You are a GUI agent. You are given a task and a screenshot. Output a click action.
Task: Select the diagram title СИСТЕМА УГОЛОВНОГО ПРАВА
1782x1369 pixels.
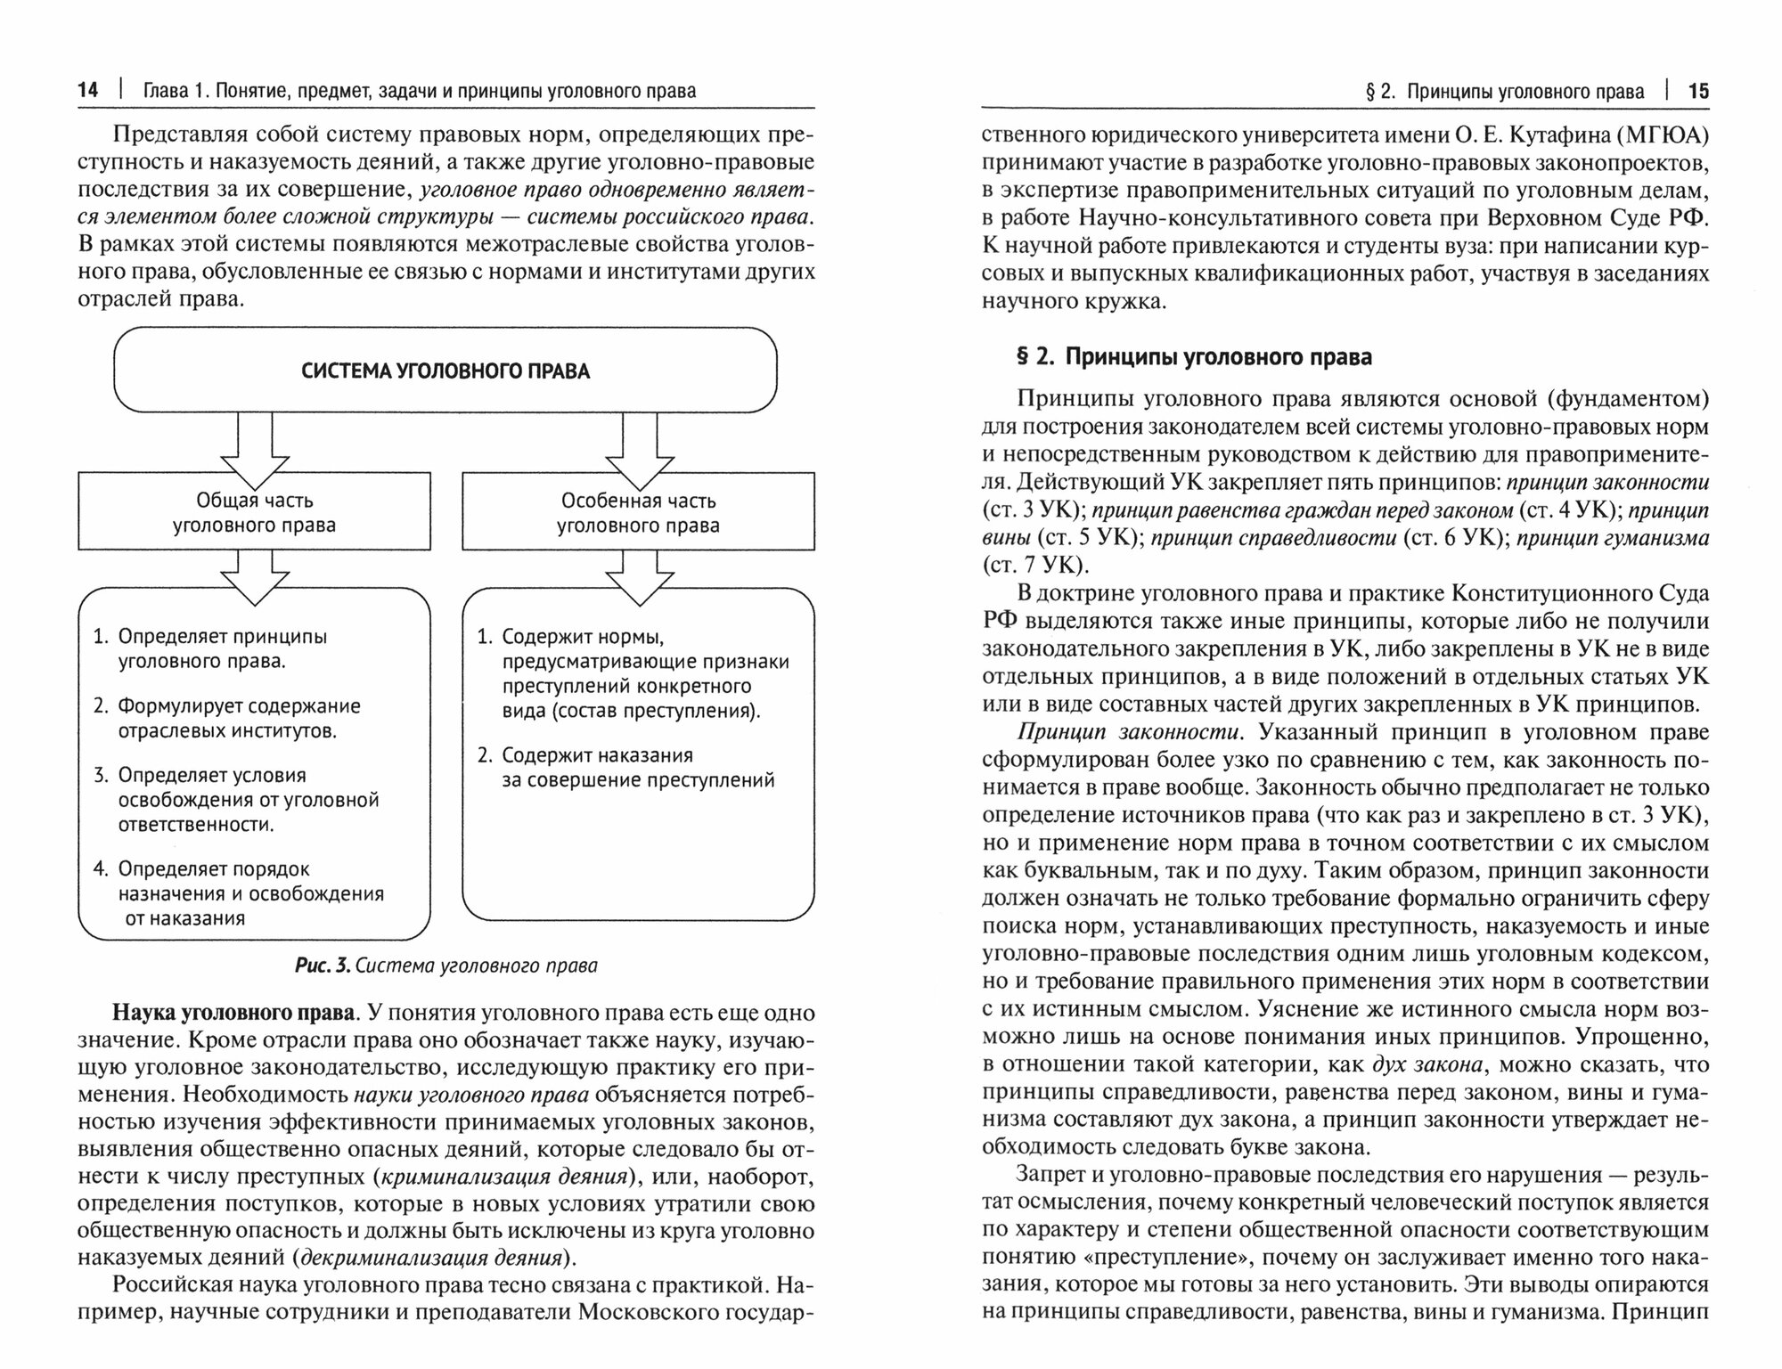point(445,371)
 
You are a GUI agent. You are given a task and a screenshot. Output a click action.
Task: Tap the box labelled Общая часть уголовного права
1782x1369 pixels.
point(254,512)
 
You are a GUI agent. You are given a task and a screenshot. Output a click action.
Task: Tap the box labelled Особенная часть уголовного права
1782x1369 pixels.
point(638,512)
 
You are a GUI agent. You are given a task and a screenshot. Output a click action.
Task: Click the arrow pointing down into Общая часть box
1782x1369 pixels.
point(255,445)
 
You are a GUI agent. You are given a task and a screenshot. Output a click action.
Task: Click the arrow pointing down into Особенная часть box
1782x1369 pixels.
point(639,445)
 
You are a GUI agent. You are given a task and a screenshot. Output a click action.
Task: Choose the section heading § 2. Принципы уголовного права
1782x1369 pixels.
point(1193,357)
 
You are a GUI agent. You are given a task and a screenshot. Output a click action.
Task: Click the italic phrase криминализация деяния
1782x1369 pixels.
point(503,1177)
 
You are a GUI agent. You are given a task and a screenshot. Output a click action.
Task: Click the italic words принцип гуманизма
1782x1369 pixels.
point(1613,538)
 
